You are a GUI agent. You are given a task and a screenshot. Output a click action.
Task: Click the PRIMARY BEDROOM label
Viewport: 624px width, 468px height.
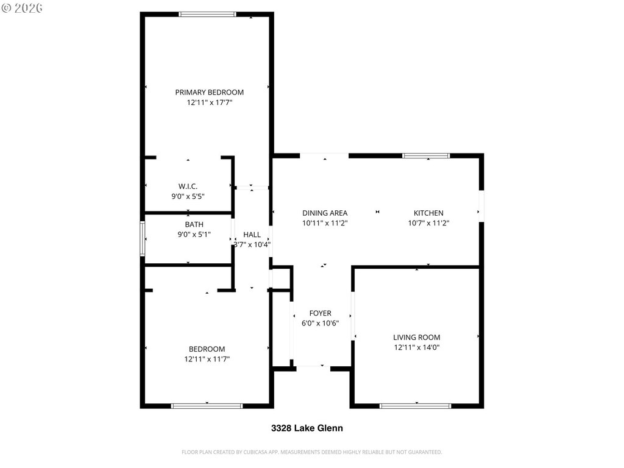click(x=210, y=93)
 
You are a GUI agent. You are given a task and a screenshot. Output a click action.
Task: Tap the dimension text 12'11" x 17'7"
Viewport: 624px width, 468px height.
click(x=210, y=102)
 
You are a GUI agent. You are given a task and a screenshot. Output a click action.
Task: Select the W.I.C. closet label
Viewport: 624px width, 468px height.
click(x=188, y=186)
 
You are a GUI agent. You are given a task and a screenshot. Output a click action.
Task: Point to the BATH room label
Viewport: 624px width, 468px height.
click(x=194, y=224)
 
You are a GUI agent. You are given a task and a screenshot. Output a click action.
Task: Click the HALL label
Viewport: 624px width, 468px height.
click(x=252, y=235)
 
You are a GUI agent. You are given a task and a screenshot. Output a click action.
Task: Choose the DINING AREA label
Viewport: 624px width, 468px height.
click(x=325, y=213)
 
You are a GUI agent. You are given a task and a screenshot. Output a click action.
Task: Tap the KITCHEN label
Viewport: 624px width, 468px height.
click(x=428, y=213)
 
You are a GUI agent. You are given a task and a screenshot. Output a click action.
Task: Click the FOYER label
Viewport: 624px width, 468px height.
click(x=321, y=313)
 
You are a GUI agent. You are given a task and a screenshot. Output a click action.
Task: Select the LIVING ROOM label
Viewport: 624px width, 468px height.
click(x=417, y=338)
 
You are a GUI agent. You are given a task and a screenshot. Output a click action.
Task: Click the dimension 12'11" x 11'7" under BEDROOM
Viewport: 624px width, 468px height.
click(x=207, y=359)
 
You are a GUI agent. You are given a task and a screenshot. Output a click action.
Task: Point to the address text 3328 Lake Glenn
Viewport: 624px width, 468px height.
click(x=307, y=428)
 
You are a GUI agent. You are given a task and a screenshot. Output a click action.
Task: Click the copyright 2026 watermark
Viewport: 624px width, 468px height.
click(x=23, y=8)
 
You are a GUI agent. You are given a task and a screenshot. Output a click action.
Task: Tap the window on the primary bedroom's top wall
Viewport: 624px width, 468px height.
click(x=207, y=15)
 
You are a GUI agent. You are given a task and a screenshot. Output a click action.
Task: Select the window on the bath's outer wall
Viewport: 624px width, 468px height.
click(x=143, y=239)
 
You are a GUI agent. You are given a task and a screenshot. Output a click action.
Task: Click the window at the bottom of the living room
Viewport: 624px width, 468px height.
click(x=416, y=406)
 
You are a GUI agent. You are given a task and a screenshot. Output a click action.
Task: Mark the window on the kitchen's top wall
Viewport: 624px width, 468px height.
click(x=426, y=155)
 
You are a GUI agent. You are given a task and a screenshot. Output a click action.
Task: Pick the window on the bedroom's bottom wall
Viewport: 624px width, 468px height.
click(x=207, y=406)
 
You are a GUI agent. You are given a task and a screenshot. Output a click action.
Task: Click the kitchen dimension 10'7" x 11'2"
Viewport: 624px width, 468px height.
click(x=428, y=223)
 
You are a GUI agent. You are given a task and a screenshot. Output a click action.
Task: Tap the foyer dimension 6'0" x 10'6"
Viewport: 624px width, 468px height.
click(x=321, y=323)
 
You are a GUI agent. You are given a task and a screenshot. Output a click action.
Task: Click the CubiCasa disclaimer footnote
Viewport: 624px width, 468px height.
click(x=311, y=452)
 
